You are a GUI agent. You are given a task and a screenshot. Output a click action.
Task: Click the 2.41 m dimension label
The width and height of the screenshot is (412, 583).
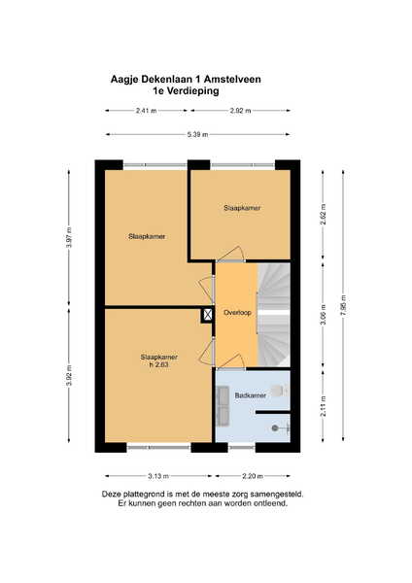coord(146,111)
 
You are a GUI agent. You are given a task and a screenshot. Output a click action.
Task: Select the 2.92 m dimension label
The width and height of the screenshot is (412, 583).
coord(240,111)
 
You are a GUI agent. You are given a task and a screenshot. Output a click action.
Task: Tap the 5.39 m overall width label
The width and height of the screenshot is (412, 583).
coord(197,134)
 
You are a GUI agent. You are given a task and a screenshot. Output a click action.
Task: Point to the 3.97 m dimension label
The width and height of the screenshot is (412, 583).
coord(68,237)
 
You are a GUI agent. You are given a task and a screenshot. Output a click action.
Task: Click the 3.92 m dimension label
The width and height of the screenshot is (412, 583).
coord(69,376)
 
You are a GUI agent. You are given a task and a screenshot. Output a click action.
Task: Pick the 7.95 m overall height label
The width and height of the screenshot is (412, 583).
coord(343,305)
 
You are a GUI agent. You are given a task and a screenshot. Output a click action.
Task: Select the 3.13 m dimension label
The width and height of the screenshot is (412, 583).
coord(158,476)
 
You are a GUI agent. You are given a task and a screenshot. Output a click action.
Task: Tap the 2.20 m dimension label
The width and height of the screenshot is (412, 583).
coord(253,476)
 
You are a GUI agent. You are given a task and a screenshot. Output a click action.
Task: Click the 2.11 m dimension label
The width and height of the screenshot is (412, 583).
coord(324,405)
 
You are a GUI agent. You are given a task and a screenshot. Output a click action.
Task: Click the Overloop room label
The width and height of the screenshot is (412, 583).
coord(237,313)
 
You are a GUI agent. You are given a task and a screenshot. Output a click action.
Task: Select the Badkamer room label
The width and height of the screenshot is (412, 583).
coord(251,395)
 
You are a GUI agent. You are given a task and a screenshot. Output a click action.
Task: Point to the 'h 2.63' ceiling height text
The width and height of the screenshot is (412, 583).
coord(158,364)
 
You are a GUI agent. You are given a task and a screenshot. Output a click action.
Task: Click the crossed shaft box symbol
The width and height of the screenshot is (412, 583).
coord(208,315)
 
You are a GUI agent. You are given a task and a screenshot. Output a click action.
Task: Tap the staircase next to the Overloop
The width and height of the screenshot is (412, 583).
coord(274,315)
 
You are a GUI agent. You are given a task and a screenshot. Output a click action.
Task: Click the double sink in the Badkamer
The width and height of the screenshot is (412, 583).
coord(223,406)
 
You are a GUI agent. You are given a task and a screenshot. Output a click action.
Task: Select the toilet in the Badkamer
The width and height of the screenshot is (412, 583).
coord(279,391)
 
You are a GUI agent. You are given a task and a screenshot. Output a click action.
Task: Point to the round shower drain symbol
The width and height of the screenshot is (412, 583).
coord(275,428)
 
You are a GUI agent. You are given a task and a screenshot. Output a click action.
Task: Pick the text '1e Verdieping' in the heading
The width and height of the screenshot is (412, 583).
coord(186,91)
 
